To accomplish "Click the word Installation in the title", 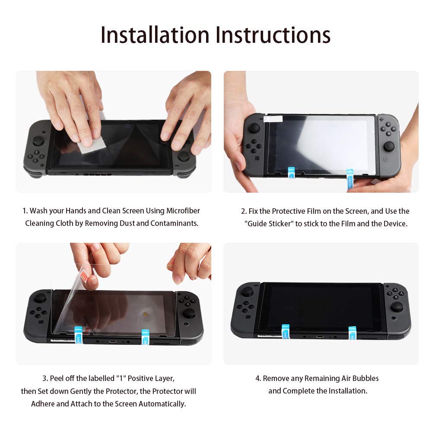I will pyautogui.click(x=156, y=35).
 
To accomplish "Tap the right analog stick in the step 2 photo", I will pyautogui.click(x=389, y=146).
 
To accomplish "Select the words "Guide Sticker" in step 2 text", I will pyautogui.click(x=269, y=224).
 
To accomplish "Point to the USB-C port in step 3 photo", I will pyautogui.click(x=112, y=341).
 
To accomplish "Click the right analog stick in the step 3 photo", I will pyautogui.click(x=188, y=313).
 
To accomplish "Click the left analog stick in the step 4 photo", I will pyautogui.click(x=247, y=292).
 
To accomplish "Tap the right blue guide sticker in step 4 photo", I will pyautogui.click(x=352, y=332).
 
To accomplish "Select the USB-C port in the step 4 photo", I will pyautogui.click(x=319, y=337).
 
